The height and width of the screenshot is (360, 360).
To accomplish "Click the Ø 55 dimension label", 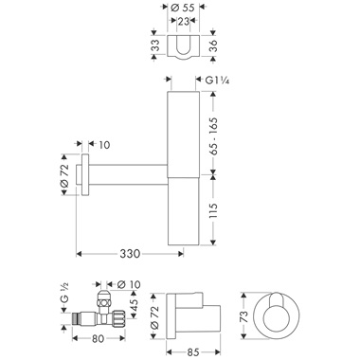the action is click(x=183, y=8).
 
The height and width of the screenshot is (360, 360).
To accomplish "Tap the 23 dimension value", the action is click(x=184, y=22).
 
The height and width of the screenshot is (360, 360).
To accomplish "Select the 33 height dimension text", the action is click(x=155, y=45).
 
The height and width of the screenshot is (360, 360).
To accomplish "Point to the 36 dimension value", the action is click(x=213, y=45).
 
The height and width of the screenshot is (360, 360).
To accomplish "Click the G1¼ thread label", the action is click(x=217, y=81).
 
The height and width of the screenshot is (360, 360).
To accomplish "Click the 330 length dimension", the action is click(x=130, y=253).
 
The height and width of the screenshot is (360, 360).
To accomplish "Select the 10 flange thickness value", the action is click(x=104, y=145).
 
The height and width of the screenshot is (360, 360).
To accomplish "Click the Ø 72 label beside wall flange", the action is click(x=64, y=175).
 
